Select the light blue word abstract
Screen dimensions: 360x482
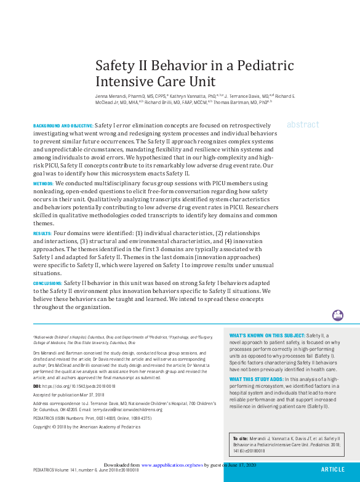pos(303,124)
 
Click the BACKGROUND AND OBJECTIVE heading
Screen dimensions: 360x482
pos(63,125)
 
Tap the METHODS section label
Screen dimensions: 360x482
pos(43,184)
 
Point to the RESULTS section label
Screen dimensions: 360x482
pos(42,235)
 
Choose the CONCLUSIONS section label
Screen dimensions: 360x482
pos(51,284)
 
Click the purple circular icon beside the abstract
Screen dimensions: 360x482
pos(337,315)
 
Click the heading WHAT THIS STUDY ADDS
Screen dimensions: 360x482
pos(257,379)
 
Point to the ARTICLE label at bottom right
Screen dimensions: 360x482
pos(333,469)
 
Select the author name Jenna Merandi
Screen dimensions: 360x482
pos(111,96)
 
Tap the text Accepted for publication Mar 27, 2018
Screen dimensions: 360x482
pos(68,394)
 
